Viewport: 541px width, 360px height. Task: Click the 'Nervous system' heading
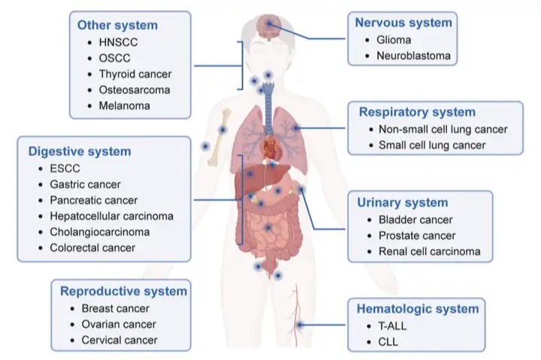403,23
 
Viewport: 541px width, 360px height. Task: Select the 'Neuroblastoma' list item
413,56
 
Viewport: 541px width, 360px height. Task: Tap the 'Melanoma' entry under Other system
124,106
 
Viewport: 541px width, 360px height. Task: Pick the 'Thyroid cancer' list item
135,74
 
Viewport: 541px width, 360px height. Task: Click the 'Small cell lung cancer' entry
432,145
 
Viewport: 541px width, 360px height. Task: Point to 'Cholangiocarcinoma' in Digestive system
100,232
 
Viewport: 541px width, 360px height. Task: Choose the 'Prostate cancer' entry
417,236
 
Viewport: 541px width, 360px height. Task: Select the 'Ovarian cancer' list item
119,325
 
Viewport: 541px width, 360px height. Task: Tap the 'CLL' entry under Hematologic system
388,342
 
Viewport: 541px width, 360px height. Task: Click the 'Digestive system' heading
80,152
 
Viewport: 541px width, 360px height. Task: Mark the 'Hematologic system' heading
418,309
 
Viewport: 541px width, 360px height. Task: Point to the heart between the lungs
270,147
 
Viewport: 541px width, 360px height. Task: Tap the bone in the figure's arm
218,137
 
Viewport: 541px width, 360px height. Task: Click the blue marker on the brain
269,23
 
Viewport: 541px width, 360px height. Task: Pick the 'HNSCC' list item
118,42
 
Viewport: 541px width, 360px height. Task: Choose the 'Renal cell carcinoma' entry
429,252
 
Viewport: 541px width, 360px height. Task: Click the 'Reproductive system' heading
123,292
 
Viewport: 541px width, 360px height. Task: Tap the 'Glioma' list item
394,40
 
